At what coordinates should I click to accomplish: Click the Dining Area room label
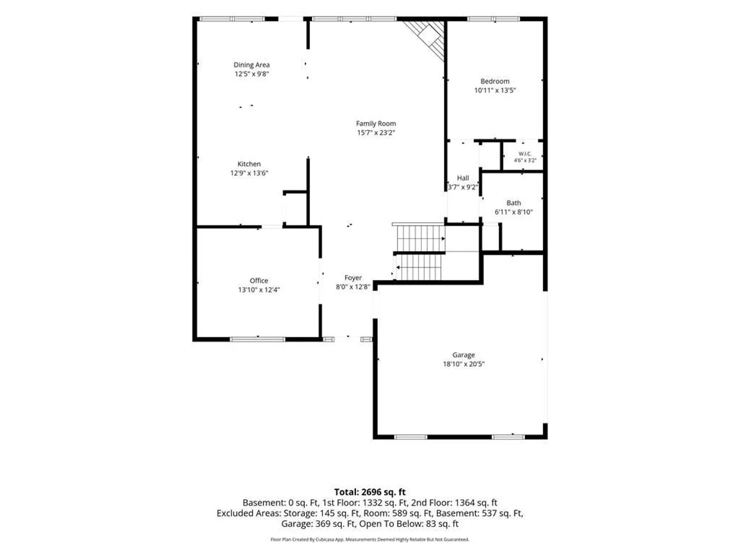251,65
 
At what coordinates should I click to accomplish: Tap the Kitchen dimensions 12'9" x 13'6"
249,173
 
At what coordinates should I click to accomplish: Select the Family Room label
376,124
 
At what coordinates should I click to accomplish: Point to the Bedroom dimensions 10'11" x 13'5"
495,90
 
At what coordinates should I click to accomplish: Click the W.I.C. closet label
525,154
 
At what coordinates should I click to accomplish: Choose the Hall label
462,178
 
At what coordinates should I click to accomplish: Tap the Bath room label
513,203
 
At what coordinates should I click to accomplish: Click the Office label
259,281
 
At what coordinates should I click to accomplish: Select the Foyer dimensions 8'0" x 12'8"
353,287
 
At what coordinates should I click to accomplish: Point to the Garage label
463,355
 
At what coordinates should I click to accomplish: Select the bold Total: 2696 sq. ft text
369,492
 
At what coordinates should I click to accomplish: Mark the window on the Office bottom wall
258,340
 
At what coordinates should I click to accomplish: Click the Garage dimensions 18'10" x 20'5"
463,364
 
